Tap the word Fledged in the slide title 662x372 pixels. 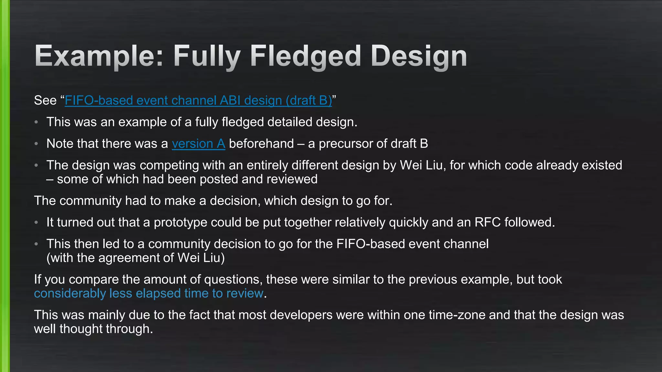tap(305, 57)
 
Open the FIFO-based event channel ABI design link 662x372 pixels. tap(198, 100)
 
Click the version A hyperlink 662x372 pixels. tap(198, 144)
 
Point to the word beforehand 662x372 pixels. tap(261, 144)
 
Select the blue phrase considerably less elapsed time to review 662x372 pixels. tap(149, 294)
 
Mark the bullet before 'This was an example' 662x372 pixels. tap(37, 122)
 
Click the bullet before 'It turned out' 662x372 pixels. tap(37, 222)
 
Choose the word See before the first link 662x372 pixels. tap(45, 100)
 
